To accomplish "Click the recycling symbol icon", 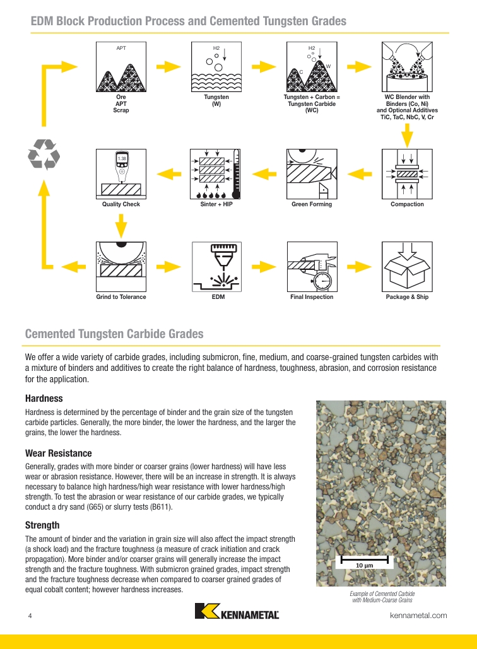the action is coord(44,155).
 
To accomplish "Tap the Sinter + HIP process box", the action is coord(215,174).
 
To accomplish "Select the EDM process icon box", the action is coord(216,267).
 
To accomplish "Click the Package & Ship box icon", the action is coord(407,267).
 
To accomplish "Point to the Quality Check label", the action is coord(121,204).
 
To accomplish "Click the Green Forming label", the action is coord(312,204).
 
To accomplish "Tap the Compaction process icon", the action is coord(407,174).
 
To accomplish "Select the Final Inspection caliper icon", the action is coord(312,267).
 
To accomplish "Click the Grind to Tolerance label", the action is coord(121,297).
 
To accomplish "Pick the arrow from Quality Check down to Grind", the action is coord(121,226).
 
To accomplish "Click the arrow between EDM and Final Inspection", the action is coord(264,267).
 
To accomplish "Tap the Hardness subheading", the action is coord(44,398).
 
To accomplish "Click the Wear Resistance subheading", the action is coord(59,453).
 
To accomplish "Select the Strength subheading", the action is coord(42,525).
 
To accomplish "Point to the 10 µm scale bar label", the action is coord(365,565).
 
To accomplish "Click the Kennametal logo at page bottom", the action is coord(237,611).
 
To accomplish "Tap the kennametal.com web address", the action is coord(418,616).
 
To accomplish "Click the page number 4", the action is coord(30,616).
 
